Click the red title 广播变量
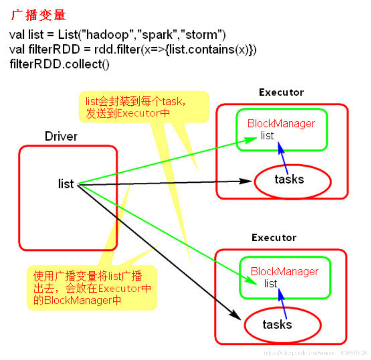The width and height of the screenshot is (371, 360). (39, 15)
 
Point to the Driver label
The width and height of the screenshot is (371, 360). (61, 136)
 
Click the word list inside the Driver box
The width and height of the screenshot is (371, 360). (66, 184)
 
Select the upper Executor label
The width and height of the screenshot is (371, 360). (281, 92)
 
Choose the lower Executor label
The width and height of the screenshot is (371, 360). (274, 237)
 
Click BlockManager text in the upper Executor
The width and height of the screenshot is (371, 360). (281, 124)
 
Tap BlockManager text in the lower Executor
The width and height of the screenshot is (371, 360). (284, 272)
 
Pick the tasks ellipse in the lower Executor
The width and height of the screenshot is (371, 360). (282, 325)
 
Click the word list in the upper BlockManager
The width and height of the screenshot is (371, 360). (267, 136)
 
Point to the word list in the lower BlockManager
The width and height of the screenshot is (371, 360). (270, 284)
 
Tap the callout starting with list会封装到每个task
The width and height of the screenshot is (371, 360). (143, 107)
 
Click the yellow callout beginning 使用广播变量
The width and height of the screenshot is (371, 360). (92, 288)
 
